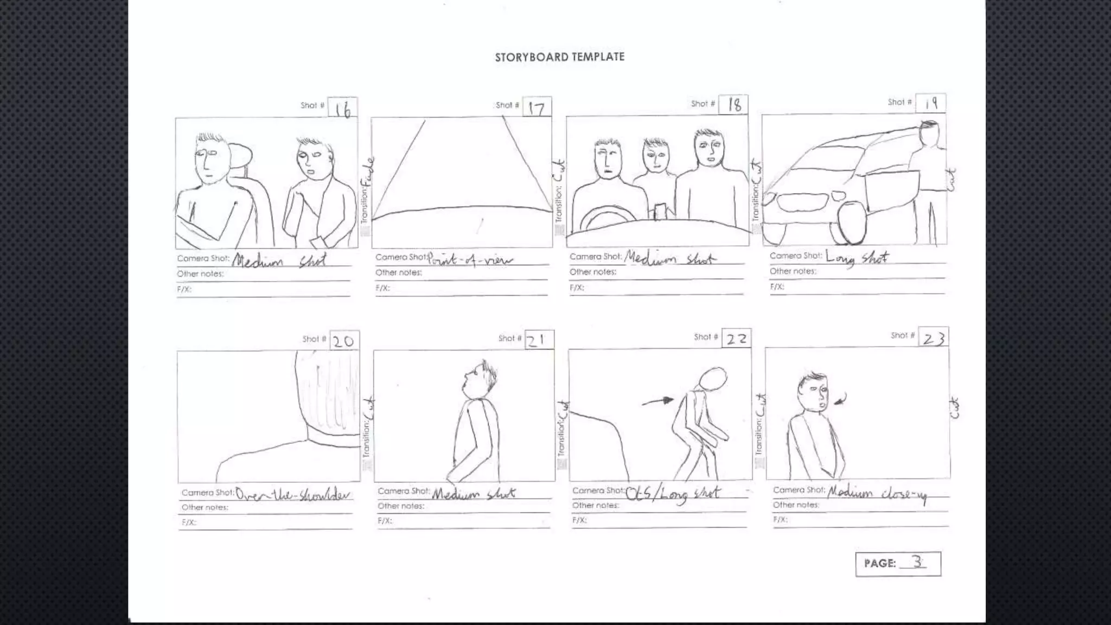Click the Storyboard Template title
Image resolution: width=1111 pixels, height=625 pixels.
point(559,57)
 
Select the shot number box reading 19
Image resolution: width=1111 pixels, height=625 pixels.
point(931,103)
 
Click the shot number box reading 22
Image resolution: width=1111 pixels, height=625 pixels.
point(737,339)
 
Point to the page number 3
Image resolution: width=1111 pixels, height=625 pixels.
point(917,562)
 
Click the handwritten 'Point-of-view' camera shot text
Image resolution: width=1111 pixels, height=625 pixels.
point(470,259)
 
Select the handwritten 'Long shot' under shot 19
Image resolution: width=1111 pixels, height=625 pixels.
point(857,258)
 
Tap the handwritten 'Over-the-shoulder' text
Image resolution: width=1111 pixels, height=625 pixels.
point(293,494)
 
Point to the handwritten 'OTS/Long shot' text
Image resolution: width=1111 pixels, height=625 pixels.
point(673,493)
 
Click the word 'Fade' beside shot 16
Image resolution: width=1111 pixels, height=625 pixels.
point(369,172)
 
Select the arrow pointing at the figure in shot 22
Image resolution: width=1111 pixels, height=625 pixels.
point(657,401)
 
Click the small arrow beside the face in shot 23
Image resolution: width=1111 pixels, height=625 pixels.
point(841,400)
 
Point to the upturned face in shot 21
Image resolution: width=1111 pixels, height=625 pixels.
point(473,380)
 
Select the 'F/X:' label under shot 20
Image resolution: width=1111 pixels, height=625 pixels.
point(189,522)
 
